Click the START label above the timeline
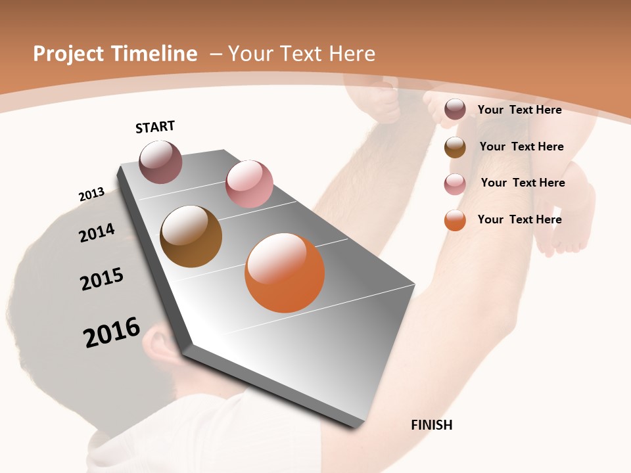click(x=155, y=127)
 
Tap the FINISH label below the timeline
click(x=432, y=425)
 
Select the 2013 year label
click(x=91, y=194)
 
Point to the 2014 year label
click(x=97, y=233)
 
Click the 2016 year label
click(x=112, y=332)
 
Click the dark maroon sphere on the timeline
click(x=161, y=162)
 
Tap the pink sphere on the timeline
click(x=249, y=184)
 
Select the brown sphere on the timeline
click(x=191, y=236)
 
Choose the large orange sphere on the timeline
click(x=285, y=273)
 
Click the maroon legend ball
click(x=455, y=110)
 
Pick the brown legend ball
click(x=455, y=147)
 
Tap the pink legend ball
click(x=455, y=184)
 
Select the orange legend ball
click(x=455, y=220)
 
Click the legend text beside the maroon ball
click(x=520, y=110)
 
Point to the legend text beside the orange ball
click(x=520, y=219)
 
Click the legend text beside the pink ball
click(x=523, y=183)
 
